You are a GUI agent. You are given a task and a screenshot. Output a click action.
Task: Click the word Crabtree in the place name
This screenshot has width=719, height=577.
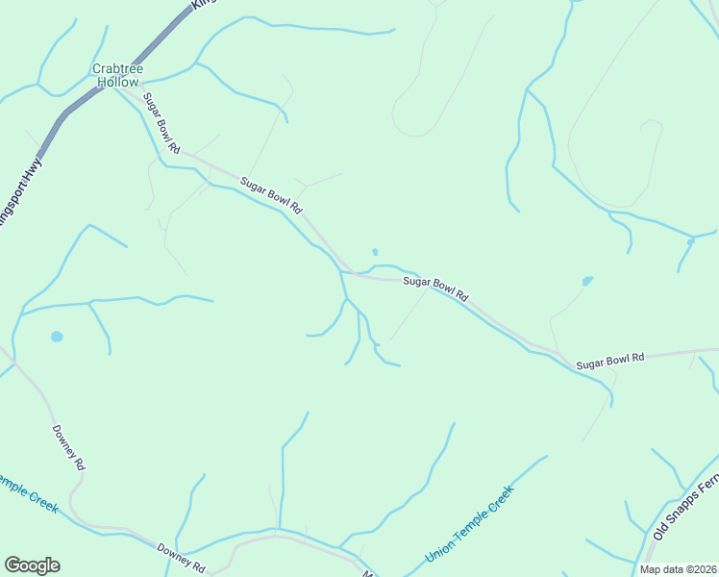click(x=117, y=68)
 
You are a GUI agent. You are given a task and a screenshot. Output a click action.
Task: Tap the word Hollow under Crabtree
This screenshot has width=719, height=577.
click(x=117, y=82)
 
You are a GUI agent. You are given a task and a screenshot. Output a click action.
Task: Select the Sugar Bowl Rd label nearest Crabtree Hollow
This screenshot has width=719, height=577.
click(x=161, y=124)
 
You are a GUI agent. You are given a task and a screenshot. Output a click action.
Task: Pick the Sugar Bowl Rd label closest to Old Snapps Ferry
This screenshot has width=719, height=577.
click(x=610, y=361)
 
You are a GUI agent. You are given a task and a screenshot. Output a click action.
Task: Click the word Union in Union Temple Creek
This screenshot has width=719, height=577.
click(x=438, y=550)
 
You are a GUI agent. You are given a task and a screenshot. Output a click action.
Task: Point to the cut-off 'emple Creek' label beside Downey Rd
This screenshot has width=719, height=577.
click(x=29, y=492)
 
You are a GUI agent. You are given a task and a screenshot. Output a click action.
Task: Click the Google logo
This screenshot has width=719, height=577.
click(x=32, y=565)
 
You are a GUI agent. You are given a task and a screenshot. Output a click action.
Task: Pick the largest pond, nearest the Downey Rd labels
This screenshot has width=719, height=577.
click(x=57, y=337)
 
